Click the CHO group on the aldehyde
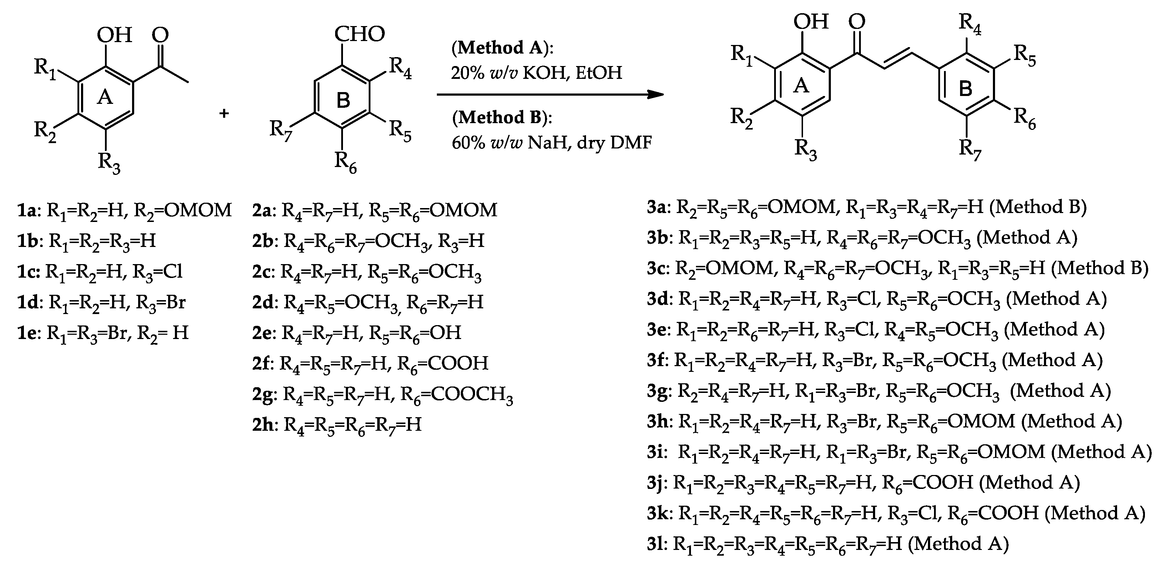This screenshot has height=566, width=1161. coord(359,34)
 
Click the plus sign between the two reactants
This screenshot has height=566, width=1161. coord(224,113)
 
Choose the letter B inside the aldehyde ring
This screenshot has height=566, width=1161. coord(343,100)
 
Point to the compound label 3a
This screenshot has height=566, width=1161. coord(658,207)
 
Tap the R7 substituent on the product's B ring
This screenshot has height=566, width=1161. coord(970,149)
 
